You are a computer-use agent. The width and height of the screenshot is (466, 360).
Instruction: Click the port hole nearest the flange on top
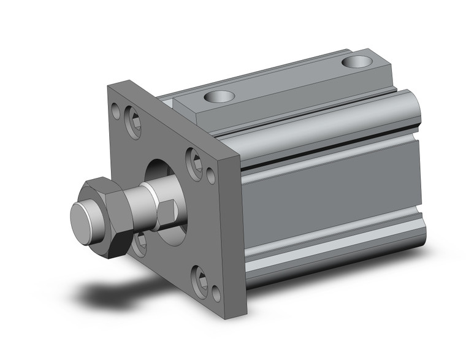coord(219,96)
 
